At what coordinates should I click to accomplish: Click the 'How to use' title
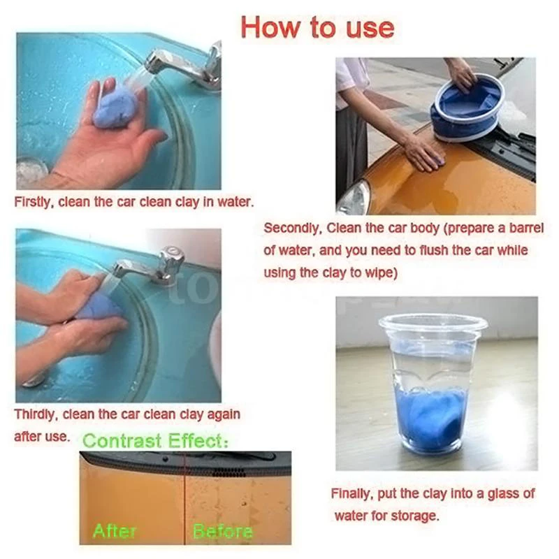coord(317,27)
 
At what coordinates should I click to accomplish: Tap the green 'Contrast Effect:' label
coord(156,441)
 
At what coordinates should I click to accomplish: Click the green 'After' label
coord(115,530)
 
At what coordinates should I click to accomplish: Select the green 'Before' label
coord(222,531)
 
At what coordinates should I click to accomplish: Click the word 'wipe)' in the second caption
coord(381,273)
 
